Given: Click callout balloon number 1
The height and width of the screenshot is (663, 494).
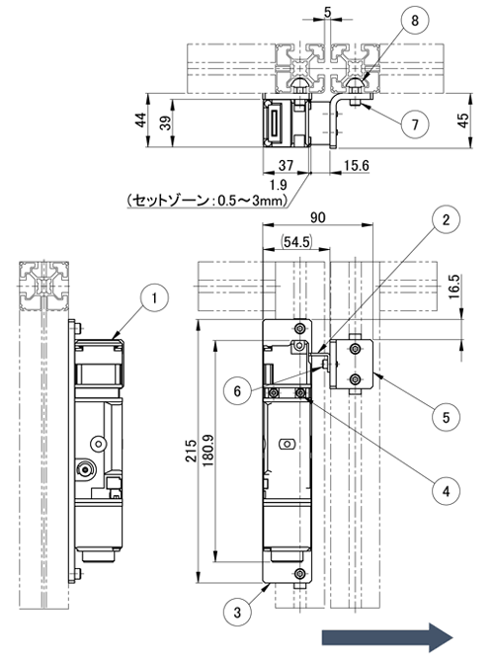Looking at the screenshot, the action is (154, 298).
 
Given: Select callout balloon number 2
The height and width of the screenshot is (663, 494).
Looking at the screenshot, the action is (446, 219).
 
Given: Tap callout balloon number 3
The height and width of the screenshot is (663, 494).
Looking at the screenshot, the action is (237, 612).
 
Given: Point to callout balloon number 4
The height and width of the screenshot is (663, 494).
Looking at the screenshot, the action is (446, 491).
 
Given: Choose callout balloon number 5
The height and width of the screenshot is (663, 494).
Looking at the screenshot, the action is (446, 417).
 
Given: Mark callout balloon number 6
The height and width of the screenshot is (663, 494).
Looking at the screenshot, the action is (237, 390).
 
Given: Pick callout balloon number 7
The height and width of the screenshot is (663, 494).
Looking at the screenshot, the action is (415, 124).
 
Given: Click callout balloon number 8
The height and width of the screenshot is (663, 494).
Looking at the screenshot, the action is (415, 20).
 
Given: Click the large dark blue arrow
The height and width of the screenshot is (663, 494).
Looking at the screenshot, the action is (387, 637).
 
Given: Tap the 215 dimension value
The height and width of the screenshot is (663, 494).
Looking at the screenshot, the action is (191, 451).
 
